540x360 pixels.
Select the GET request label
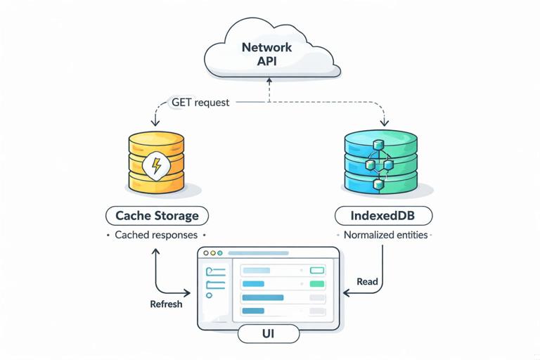(200, 102)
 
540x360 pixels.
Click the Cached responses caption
(156, 235)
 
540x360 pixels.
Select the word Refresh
(166, 304)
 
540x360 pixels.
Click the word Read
(367, 282)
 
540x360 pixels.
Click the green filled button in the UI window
(317, 284)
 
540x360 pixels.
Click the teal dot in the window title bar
(219, 252)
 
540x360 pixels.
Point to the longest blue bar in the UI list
(262, 297)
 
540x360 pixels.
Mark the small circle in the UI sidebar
(209, 296)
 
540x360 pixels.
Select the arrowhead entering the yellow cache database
(155, 127)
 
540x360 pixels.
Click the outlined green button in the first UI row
(317, 270)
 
